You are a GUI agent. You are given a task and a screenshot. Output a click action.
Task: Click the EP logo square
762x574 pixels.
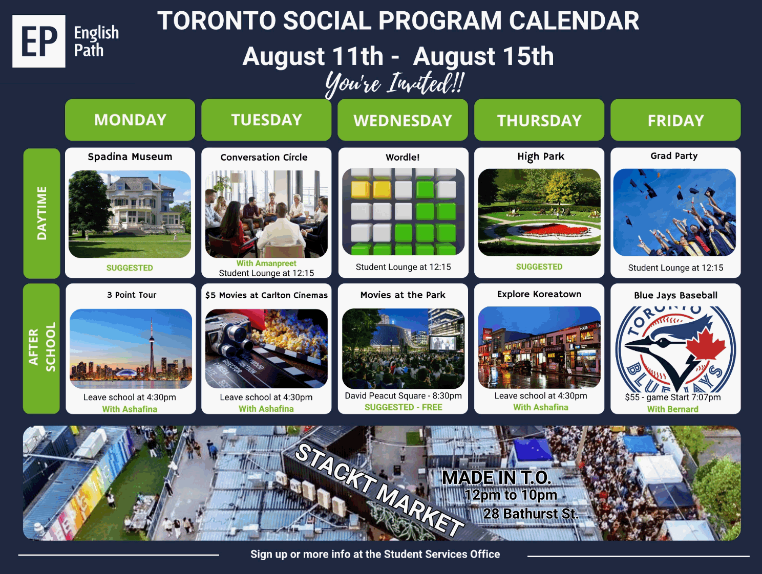tap(38, 41)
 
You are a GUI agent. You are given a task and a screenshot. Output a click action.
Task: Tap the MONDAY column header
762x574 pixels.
tap(130, 120)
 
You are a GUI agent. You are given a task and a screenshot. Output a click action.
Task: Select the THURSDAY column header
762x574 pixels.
tap(539, 120)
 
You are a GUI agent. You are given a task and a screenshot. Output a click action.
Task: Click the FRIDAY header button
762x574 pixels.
tap(675, 120)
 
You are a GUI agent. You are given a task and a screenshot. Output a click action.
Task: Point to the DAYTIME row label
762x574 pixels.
tap(41, 213)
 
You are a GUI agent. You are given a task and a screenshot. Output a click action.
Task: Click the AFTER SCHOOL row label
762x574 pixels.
tap(41, 348)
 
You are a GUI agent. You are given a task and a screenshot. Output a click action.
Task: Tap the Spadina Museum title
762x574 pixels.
tap(130, 157)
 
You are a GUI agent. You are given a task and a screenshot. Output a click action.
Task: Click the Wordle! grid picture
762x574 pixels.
tap(403, 212)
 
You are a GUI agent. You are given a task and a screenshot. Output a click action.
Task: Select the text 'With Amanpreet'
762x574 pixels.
tap(266, 263)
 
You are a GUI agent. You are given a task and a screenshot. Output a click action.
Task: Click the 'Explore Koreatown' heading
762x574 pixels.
tap(539, 294)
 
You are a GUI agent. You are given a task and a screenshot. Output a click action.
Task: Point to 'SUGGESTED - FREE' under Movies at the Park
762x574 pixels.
tap(404, 407)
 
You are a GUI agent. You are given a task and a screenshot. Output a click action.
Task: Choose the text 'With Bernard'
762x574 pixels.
tap(673, 409)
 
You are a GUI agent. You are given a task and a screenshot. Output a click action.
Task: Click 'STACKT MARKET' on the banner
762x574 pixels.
tap(379, 491)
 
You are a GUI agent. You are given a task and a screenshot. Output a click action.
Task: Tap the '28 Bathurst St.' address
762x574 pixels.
tap(531, 514)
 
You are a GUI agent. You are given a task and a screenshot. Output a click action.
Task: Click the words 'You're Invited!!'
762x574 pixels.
tap(394, 84)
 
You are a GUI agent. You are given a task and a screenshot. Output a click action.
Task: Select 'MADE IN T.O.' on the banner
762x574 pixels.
tap(497, 478)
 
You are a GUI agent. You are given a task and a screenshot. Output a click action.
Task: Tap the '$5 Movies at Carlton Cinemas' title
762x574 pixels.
tap(266, 295)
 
